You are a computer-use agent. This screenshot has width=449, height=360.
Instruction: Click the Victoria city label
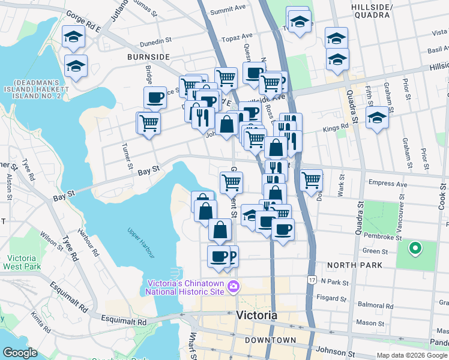click(x=257, y=316)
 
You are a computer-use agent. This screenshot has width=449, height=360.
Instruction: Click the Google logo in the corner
click(x=20, y=353)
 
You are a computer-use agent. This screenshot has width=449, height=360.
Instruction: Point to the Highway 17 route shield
click(x=311, y=280)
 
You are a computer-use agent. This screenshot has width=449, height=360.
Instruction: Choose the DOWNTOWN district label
click(x=270, y=340)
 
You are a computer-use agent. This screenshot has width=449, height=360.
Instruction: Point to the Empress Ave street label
click(x=388, y=184)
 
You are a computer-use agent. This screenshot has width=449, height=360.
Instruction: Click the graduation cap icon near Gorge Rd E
click(x=74, y=38)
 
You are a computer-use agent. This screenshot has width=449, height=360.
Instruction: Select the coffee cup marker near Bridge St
click(x=155, y=97)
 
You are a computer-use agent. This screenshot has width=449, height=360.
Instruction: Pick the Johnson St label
click(x=333, y=352)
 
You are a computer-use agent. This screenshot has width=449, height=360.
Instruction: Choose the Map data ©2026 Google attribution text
click(x=412, y=355)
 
